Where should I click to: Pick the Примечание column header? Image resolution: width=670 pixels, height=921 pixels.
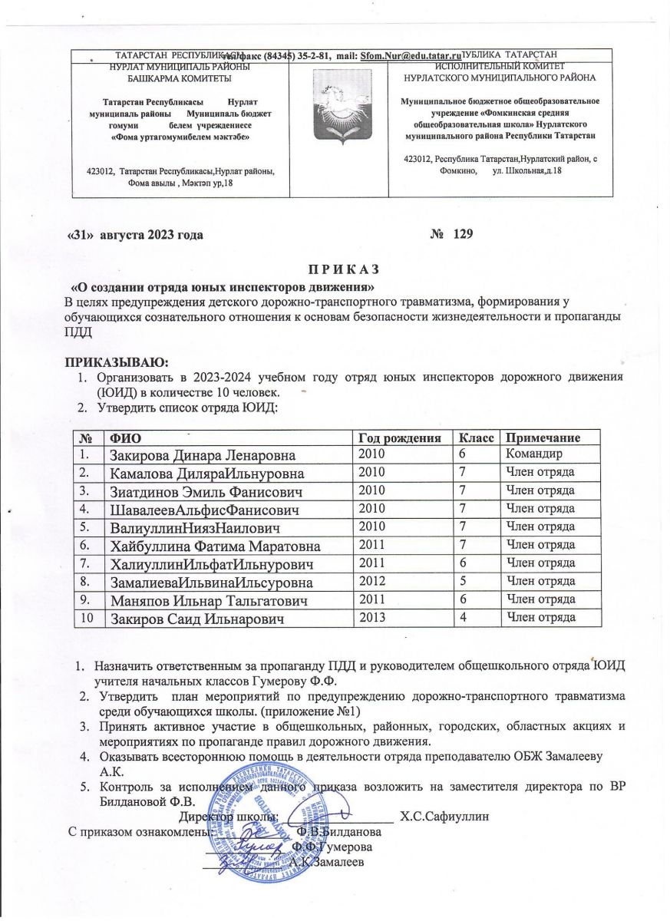[x=542, y=437]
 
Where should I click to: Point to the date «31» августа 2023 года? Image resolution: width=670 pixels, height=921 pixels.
[x=136, y=234]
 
